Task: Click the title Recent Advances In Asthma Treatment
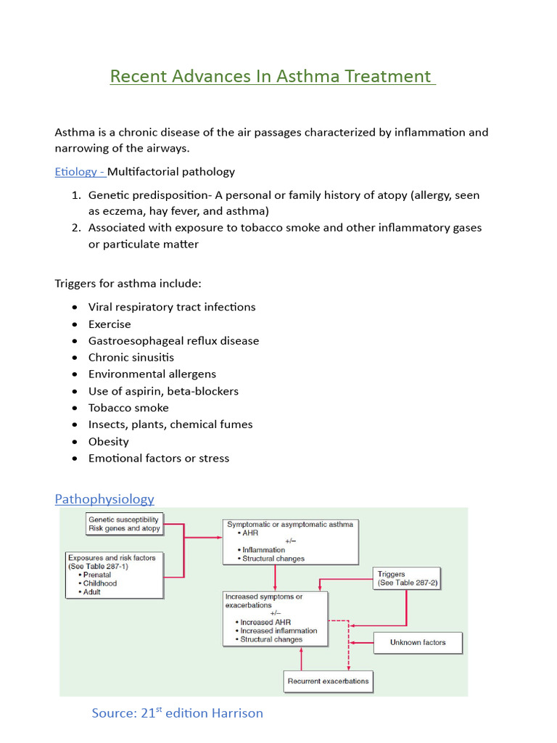click(272, 76)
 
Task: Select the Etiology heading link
click(79, 172)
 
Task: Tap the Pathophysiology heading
click(104, 499)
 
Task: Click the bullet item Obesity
click(109, 441)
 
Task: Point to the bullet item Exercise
click(110, 324)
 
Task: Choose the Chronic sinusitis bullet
click(131, 357)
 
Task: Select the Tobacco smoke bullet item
click(128, 408)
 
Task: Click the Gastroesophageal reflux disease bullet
click(173, 340)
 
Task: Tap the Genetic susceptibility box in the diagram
click(124, 524)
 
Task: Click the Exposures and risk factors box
click(115, 575)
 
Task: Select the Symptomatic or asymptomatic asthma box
click(291, 541)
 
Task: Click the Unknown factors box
click(418, 642)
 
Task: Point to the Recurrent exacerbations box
click(328, 681)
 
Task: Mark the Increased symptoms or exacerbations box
click(276, 618)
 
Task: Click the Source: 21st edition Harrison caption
click(177, 713)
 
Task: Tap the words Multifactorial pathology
click(171, 172)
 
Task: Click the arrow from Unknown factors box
click(361, 642)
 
